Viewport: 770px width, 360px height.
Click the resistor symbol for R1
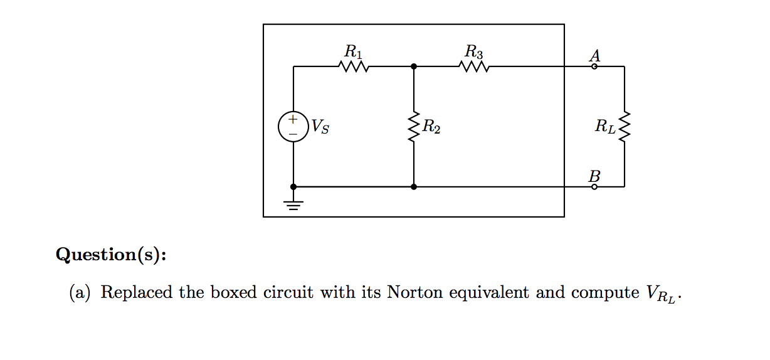pyautogui.click(x=353, y=66)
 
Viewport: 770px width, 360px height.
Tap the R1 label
pyautogui.click(x=353, y=50)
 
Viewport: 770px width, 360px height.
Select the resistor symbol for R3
pyautogui.click(x=473, y=66)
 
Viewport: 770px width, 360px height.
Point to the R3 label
pyautogui.click(x=474, y=50)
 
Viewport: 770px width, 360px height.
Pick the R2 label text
pyautogui.click(x=431, y=128)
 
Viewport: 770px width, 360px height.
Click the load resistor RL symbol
pyautogui.click(x=624, y=127)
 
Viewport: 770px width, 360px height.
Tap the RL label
pyautogui.click(x=606, y=128)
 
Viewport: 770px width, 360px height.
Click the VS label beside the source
pyautogui.click(x=320, y=128)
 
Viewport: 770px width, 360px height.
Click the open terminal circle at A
pyautogui.click(x=594, y=66)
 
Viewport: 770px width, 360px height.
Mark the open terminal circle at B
pyautogui.click(x=594, y=186)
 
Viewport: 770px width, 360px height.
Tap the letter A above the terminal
pyautogui.click(x=594, y=55)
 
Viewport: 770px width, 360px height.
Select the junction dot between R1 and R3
pyautogui.click(x=413, y=66)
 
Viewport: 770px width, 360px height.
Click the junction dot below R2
pyautogui.click(x=413, y=186)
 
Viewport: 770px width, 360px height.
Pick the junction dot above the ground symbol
pyautogui.click(x=293, y=186)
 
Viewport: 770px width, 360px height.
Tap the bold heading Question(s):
pyautogui.click(x=111, y=255)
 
